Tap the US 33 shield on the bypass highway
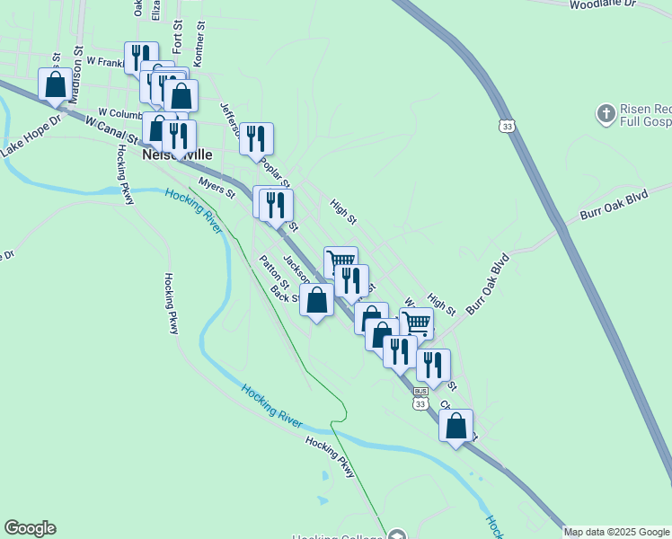508,128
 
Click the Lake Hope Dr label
31,136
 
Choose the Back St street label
285,295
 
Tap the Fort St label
177,42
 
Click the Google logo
30,528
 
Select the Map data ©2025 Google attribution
617,532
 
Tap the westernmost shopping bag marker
55,85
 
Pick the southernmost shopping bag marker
455,425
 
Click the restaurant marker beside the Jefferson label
257,138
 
